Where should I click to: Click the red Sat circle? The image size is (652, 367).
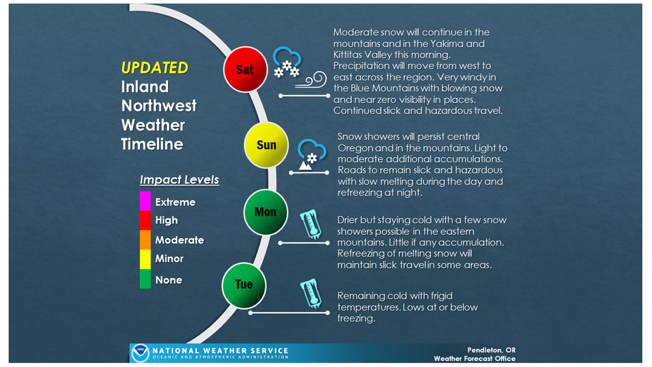click(x=246, y=70)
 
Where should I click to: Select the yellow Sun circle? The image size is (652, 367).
click(x=266, y=145)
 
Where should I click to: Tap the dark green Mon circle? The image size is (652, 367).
click(x=266, y=212)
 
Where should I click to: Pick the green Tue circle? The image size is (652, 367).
click(x=244, y=285)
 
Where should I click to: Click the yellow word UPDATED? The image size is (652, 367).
click(x=154, y=67)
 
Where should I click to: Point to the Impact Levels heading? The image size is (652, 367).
click(x=179, y=180)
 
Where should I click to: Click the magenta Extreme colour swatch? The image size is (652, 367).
click(x=145, y=201)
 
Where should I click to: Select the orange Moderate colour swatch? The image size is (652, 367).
click(x=145, y=240)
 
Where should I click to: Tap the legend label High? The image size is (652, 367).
click(x=166, y=220)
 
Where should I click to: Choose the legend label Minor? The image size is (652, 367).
click(x=170, y=259)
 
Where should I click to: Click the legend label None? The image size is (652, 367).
click(x=169, y=280)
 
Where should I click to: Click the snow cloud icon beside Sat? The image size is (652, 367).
click(x=287, y=62)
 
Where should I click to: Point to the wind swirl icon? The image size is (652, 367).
click(x=311, y=79)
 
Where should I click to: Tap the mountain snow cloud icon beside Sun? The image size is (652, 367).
click(x=311, y=154)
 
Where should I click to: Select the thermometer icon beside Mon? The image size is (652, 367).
click(x=311, y=224)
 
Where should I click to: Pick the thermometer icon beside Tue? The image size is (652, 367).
click(x=311, y=294)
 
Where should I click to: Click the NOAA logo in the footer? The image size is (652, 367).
click(x=140, y=353)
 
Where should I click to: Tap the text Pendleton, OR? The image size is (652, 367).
click(x=491, y=350)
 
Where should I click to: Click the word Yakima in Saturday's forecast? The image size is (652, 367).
click(x=447, y=43)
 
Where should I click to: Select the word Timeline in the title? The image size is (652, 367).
click(x=152, y=144)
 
